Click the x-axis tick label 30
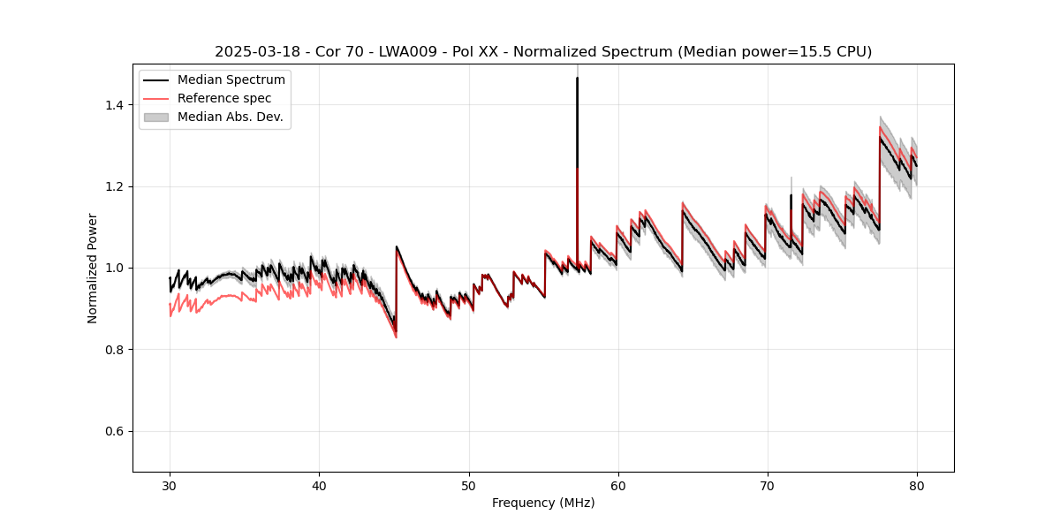pos(170,485)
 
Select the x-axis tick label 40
pos(319,485)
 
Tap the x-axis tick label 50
pos(469,485)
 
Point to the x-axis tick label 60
pos(618,485)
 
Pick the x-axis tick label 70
pos(768,485)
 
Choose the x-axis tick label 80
pos(917,485)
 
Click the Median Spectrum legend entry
pos(231,80)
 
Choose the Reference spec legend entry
pos(224,98)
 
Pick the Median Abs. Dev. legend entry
pos(230,117)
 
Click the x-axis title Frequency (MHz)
pos(543,503)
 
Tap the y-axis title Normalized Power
pos(93,268)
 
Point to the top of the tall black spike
pos(577,78)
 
